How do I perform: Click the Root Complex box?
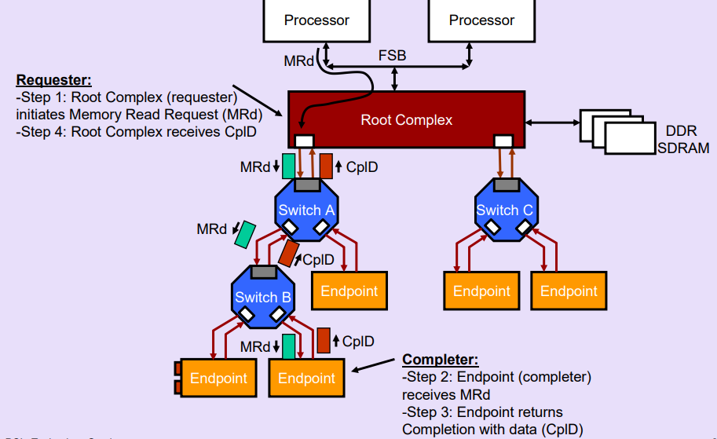(x=406, y=119)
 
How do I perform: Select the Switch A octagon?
(x=306, y=210)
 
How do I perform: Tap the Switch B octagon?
(x=263, y=298)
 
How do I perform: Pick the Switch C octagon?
(x=504, y=210)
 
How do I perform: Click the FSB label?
(x=392, y=57)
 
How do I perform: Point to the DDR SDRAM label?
(x=681, y=139)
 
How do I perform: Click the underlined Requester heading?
(x=53, y=80)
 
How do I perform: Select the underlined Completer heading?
(x=440, y=360)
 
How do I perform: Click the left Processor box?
(x=316, y=20)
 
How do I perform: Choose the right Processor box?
(x=481, y=20)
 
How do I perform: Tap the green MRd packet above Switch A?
(x=289, y=166)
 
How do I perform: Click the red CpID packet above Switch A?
(x=326, y=166)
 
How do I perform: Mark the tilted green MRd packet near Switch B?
(x=246, y=233)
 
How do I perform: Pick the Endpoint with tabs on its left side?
(x=218, y=378)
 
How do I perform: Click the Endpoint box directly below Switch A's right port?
(x=349, y=291)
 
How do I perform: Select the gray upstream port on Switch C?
(x=504, y=185)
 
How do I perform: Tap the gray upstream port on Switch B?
(x=263, y=273)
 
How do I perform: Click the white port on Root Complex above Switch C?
(x=503, y=141)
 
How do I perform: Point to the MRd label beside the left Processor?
(x=299, y=60)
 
